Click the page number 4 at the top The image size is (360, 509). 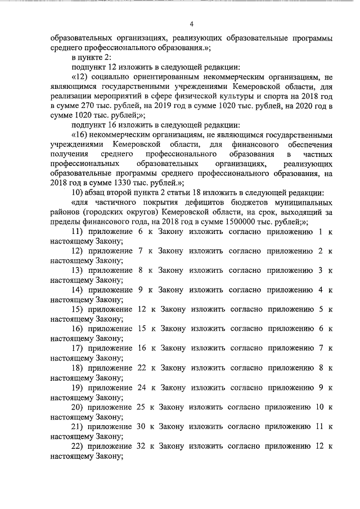pos(191,24)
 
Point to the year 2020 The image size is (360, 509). pos(313,106)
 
